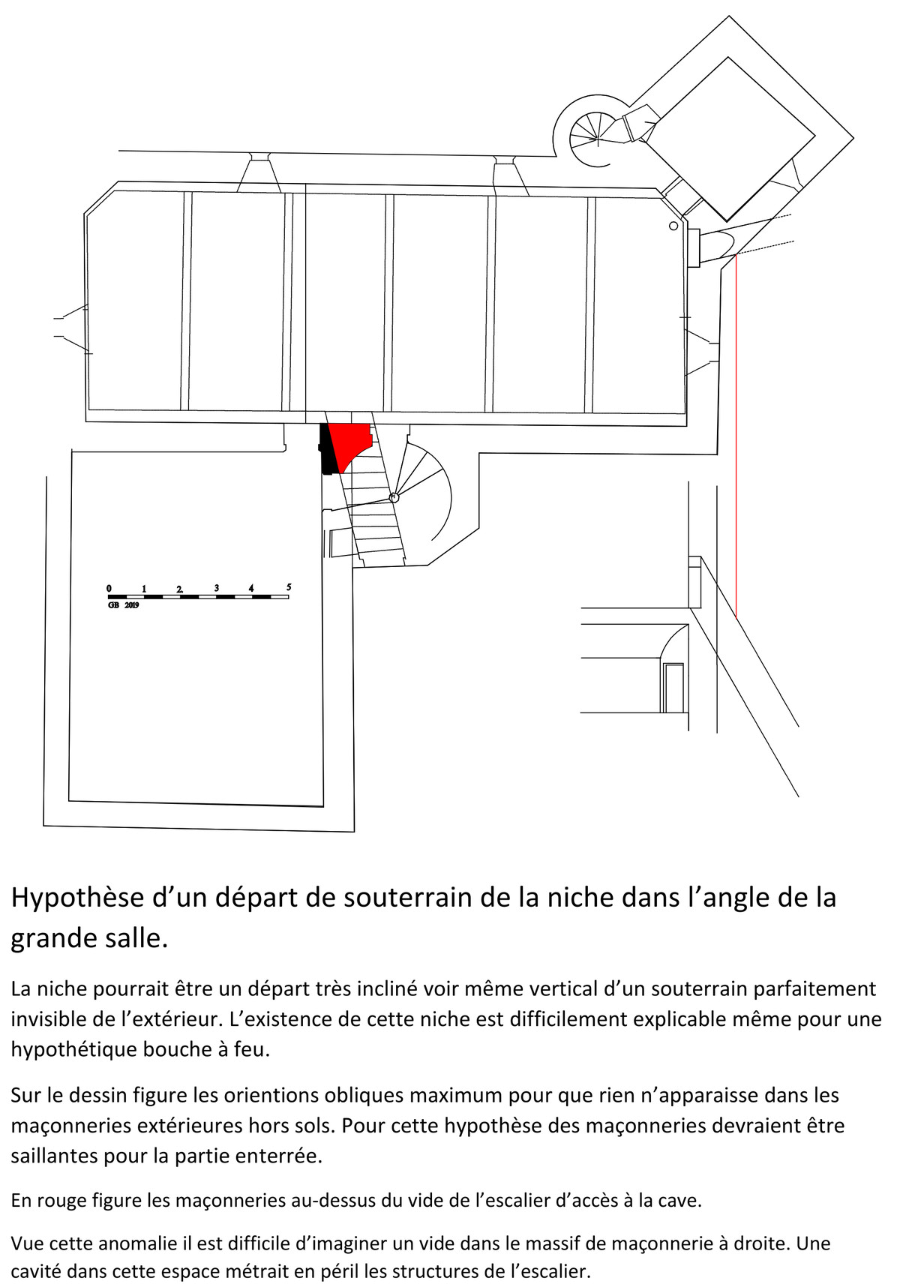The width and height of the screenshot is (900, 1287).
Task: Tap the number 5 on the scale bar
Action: [289, 587]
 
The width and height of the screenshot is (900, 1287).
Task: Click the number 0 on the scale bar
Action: [109, 588]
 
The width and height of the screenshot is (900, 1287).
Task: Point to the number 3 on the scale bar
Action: [217, 588]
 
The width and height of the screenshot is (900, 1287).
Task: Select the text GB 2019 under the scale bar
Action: [124, 605]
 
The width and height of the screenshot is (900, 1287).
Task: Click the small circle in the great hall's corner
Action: [673, 226]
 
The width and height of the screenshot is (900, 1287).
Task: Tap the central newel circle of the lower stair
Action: [394, 496]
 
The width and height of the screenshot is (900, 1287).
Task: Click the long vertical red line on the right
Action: [736, 436]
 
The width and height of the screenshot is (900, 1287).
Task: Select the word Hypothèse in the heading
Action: [76, 898]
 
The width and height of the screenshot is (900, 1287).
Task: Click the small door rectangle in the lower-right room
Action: [673, 688]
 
